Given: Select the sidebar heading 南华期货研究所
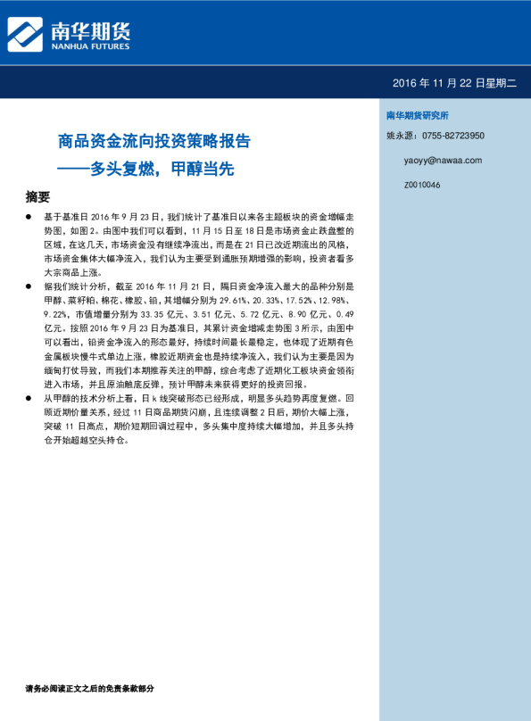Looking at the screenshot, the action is (417, 116).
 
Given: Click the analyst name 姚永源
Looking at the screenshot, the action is (401, 136).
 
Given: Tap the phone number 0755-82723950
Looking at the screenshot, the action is (453, 136).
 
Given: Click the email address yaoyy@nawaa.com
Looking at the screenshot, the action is (443, 161).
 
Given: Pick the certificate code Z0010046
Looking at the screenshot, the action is (422, 185).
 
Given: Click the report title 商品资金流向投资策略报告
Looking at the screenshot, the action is (153, 142).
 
